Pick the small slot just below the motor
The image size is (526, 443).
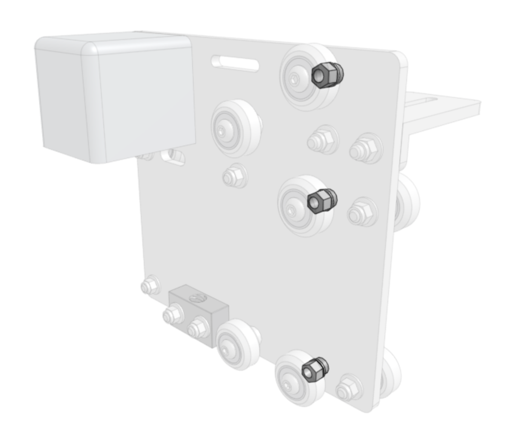pyautogui.click(x=173, y=156)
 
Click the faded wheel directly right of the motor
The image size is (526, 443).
pyautogui.click(x=235, y=127)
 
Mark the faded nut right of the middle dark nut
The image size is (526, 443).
pyautogui.click(x=361, y=213)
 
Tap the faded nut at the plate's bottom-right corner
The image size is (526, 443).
pyautogui.click(x=349, y=388)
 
